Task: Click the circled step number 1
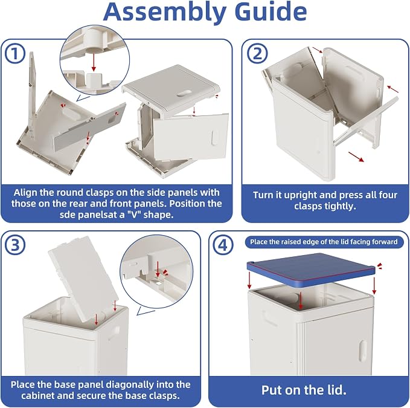[x=15, y=53]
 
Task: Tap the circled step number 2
[x=257, y=53]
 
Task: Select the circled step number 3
[x=15, y=245]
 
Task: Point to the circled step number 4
[x=223, y=245]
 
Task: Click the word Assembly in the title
[x=165, y=13]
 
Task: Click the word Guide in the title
[x=271, y=11]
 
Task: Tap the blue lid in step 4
[x=311, y=270]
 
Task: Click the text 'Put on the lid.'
[x=304, y=390]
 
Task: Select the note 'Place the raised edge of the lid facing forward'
[x=324, y=242]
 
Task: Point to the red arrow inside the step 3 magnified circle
[x=158, y=269]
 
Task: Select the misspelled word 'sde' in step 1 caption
[x=66, y=215]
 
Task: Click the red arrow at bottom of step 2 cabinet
[x=356, y=157]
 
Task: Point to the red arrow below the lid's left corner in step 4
[x=250, y=280]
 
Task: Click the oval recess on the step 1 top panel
[x=184, y=94]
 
